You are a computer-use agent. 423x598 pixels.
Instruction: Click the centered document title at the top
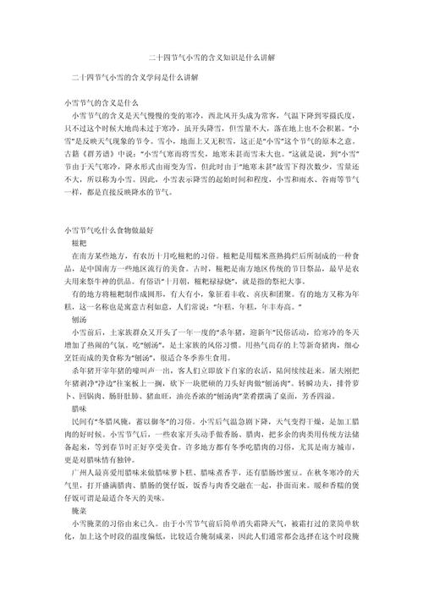click(x=211, y=57)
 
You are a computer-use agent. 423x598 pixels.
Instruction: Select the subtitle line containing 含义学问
click(x=135, y=77)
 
